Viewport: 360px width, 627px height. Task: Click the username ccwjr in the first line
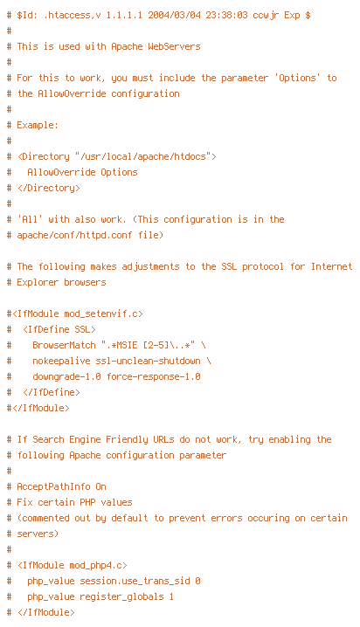(266, 16)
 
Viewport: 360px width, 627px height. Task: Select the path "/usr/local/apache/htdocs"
(142, 156)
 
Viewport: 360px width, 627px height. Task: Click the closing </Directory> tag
(48, 188)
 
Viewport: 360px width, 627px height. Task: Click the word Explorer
(38, 282)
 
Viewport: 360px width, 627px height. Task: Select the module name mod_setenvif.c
(100, 313)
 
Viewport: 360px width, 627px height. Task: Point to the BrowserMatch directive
(64, 345)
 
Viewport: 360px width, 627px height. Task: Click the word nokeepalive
(61, 361)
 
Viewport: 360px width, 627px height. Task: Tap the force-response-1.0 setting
(153, 376)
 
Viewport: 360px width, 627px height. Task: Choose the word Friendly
(127, 439)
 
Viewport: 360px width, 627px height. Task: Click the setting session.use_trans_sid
(135, 581)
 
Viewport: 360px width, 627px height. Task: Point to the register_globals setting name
(121, 596)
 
